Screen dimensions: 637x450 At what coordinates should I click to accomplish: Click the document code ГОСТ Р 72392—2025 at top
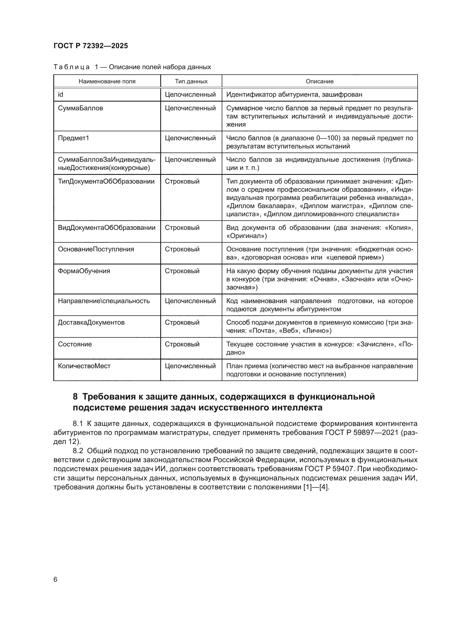coord(91,46)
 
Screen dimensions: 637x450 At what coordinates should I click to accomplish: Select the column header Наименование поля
coord(107,81)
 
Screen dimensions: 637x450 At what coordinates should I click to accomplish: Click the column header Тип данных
coord(191,81)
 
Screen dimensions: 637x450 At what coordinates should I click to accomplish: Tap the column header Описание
coord(319,81)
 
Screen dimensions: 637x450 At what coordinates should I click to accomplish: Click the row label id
coord(60,95)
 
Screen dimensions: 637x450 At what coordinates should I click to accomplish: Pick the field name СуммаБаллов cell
coord(80,108)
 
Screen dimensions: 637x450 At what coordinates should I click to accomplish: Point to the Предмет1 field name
coord(73,138)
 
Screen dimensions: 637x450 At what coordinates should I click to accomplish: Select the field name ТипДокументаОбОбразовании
coord(106,181)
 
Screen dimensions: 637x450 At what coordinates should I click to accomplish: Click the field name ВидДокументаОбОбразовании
coord(106,228)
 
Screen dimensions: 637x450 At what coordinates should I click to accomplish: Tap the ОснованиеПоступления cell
coord(96,249)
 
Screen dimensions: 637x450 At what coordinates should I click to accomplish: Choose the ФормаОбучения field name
coord(84,271)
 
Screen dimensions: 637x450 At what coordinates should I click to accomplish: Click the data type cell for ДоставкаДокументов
coord(182,322)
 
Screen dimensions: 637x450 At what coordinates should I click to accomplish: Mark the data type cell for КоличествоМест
coord(190,366)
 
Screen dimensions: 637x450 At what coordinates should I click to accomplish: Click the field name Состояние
coord(75,344)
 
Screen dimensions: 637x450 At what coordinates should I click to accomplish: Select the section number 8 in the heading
coord(75,397)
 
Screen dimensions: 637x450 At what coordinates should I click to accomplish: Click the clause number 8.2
coord(78,450)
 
